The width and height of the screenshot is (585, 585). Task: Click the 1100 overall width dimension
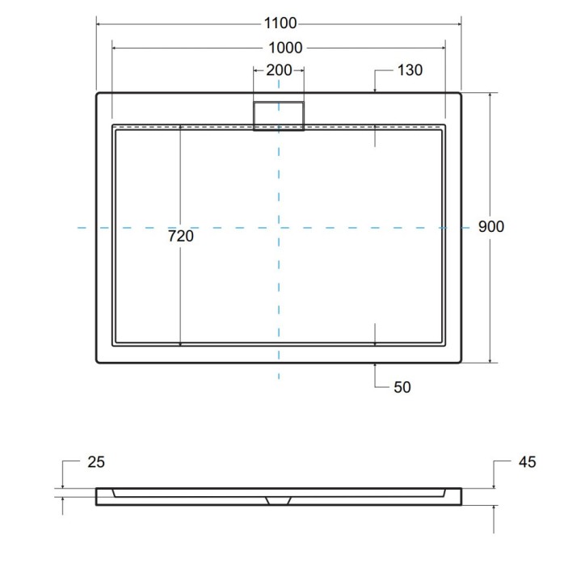click(x=279, y=23)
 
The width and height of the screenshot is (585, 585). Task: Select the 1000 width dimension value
click(x=279, y=48)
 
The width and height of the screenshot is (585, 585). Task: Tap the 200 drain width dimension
click(x=279, y=70)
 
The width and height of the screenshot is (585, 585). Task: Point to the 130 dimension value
click(x=410, y=70)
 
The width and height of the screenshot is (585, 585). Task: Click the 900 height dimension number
click(x=490, y=227)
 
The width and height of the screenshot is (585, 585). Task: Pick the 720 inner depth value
click(x=180, y=237)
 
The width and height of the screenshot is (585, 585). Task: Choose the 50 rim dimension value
click(x=402, y=387)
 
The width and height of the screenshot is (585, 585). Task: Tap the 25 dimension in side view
click(x=95, y=462)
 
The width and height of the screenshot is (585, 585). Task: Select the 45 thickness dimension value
click(x=526, y=462)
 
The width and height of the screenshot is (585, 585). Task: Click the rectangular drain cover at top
click(x=279, y=116)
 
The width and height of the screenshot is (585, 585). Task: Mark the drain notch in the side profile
click(x=279, y=499)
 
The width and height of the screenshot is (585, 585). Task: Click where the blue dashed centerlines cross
click(x=279, y=229)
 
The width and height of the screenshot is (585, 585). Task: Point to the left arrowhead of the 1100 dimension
click(x=99, y=24)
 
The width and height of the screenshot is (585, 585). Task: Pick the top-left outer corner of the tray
click(x=98, y=94)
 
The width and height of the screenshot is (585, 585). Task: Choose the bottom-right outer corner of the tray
click(x=461, y=361)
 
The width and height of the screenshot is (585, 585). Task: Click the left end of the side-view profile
click(x=98, y=496)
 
